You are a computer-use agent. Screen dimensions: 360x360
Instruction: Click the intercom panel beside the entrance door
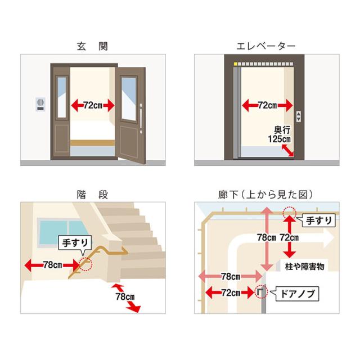[39, 106]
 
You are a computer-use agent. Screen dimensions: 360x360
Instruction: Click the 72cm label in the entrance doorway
[93, 105]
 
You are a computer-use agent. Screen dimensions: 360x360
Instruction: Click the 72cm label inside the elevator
[267, 105]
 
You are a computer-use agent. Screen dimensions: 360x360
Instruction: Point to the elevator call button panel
[299, 117]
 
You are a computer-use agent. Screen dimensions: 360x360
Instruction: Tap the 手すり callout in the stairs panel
[72, 242]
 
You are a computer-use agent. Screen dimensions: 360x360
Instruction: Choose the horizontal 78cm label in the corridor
[229, 276]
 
